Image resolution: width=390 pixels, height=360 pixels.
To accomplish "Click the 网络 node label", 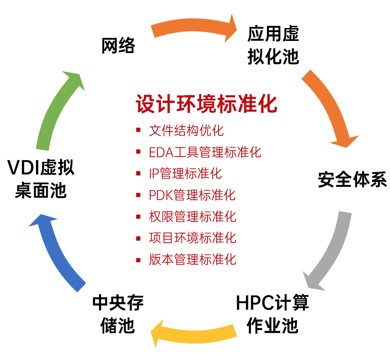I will [118, 46].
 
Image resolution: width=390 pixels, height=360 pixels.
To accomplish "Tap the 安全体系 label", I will [352, 180].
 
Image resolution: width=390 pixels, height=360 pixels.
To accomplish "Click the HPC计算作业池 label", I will [273, 314].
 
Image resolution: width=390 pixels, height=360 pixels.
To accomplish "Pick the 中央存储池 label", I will [118, 315].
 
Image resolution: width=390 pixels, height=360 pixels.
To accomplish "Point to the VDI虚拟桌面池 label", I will [41, 180].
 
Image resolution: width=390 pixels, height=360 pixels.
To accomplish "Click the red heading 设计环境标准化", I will [206, 103].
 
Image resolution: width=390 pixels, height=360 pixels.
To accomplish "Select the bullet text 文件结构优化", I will [186, 130].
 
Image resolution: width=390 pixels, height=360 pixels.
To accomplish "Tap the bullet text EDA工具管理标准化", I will [205, 152].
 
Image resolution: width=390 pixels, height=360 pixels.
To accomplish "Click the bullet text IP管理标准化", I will [185, 174].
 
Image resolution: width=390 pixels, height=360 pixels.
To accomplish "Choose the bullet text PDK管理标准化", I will [192, 195].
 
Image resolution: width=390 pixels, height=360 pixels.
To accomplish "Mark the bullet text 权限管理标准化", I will [192, 217].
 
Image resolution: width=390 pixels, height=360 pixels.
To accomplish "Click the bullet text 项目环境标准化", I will [192, 238].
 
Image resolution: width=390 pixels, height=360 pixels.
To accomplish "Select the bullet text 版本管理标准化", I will [192, 260].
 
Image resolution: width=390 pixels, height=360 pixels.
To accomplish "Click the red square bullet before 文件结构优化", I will [139, 131].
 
